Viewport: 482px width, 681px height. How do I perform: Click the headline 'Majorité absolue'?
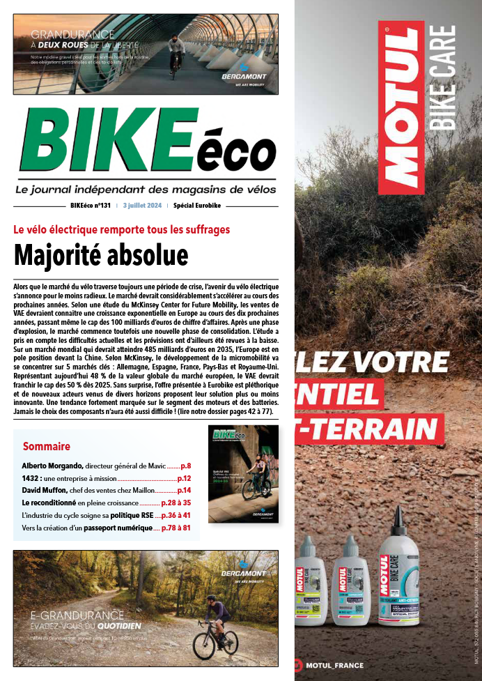click(x=101, y=256)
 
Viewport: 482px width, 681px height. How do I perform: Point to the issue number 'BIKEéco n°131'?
click(x=91, y=206)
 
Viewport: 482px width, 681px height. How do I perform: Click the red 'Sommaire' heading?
click(x=47, y=446)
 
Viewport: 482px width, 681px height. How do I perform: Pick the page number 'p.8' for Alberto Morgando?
click(x=185, y=466)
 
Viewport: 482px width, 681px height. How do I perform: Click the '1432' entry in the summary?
click(x=31, y=479)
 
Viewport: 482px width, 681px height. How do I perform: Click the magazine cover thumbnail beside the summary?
click(x=243, y=474)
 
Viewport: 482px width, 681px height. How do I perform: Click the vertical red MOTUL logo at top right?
click(x=401, y=108)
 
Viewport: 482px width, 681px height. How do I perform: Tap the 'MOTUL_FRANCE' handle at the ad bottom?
click(x=334, y=665)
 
